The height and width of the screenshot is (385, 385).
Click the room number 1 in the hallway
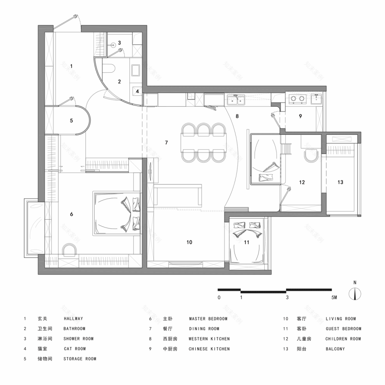[x=71, y=66]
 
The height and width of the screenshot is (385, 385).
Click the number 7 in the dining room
[x=166, y=143]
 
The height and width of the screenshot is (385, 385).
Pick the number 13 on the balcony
[x=341, y=182]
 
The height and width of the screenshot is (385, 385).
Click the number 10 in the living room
[x=189, y=242]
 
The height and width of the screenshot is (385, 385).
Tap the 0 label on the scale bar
[x=219, y=297]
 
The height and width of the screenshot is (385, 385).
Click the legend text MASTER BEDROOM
[x=208, y=318]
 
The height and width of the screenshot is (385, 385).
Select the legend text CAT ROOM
[x=74, y=349]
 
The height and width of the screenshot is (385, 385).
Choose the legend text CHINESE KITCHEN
[x=209, y=349]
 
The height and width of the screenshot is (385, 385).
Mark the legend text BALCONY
[x=335, y=349]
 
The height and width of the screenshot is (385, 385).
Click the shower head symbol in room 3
[x=113, y=44]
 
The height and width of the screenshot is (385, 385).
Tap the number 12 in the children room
[x=301, y=182]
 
